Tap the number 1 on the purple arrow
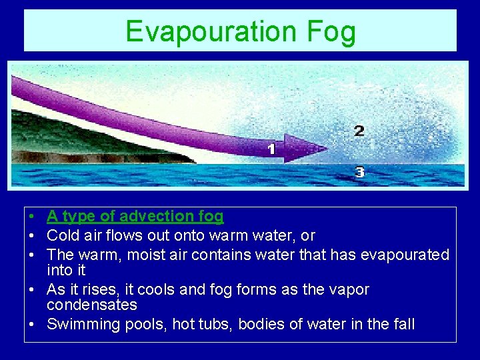pyautogui.click(x=271, y=149)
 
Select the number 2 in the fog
pyautogui.click(x=359, y=131)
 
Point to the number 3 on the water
pyautogui.click(x=359, y=173)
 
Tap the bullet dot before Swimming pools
pyautogui.click(x=31, y=325)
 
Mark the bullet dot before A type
pyautogui.click(x=31, y=217)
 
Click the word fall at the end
pyautogui.click(x=402, y=325)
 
